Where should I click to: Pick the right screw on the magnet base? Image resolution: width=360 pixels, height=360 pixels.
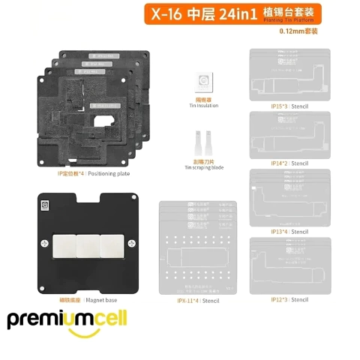(x=133, y=244)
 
